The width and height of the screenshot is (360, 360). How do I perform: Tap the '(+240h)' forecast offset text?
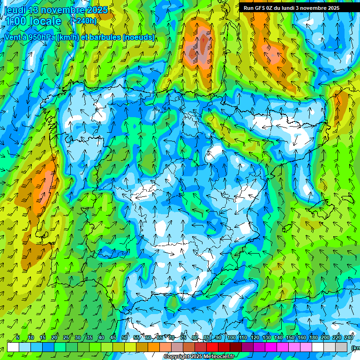coord(83,21)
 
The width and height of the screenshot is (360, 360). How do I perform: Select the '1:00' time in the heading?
coord(16,22)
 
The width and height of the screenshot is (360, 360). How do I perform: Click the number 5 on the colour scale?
coord(17,338)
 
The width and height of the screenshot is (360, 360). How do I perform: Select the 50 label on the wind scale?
coord(125,338)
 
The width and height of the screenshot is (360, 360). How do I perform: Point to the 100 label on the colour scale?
coord(231,338)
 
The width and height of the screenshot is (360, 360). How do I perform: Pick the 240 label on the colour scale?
coord(348,338)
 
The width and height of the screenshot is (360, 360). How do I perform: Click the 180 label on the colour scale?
coord(313,338)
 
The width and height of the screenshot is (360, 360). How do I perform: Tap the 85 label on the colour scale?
coord(207,338)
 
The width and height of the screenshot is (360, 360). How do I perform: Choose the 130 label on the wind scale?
coord(266,338)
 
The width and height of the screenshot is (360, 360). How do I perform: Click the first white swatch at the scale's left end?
coord(13,347)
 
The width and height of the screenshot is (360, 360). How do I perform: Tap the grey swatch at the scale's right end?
coord(341,347)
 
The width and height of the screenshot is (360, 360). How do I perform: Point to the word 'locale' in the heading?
coord(45,22)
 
